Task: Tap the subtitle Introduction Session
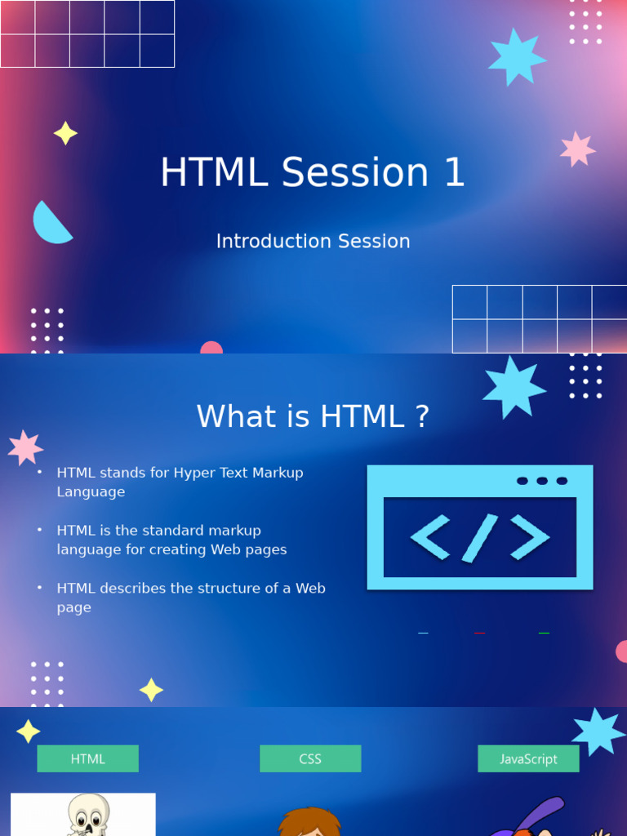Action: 313,242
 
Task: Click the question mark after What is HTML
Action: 421,417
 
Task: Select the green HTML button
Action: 88,758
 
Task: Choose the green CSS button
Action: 310,758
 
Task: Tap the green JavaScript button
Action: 528,758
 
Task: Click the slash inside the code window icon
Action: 480,538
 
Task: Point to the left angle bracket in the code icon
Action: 430,538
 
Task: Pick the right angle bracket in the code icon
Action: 530,538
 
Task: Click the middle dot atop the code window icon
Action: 542,481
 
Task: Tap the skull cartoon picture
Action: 84,815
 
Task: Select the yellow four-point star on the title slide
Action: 65,133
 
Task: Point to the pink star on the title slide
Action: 577,149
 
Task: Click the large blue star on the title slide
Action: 516,57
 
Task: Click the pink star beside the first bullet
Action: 25,447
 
